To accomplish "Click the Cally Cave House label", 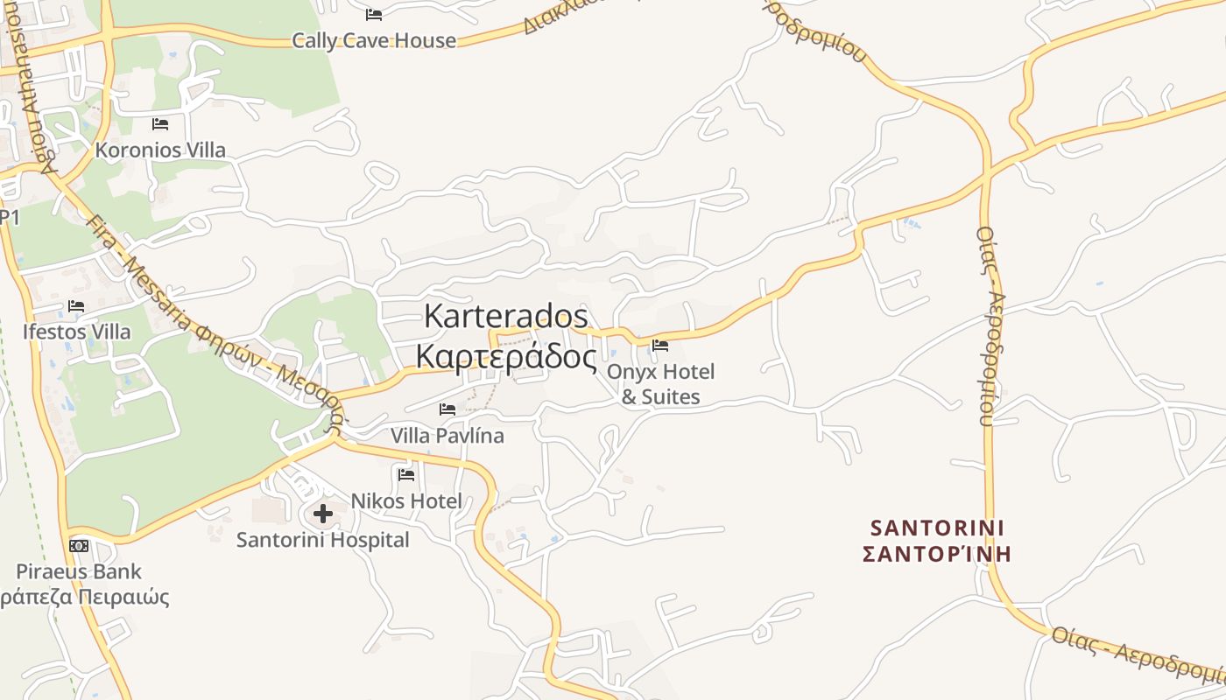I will point(374,40).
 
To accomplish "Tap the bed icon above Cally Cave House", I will point(374,14).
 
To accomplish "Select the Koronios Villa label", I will point(160,150).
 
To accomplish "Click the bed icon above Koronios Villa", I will point(160,123).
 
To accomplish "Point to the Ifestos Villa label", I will point(77,332).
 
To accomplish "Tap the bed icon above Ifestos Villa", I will point(76,305).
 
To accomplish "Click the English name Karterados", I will point(506,316).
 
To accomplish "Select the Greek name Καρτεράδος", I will point(506,356).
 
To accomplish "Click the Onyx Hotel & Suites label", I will point(660,384).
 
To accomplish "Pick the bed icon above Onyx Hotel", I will point(660,345).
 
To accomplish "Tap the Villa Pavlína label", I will point(447,435).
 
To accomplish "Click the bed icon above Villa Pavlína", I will point(447,409).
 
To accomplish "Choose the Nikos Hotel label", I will point(406,500).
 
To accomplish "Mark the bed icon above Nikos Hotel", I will point(406,474).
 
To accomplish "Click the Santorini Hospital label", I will point(322,540).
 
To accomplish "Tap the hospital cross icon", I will point(323,514).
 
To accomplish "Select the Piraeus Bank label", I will point(79,571).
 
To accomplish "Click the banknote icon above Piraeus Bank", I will point(79,546).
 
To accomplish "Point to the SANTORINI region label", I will point(937,528).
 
